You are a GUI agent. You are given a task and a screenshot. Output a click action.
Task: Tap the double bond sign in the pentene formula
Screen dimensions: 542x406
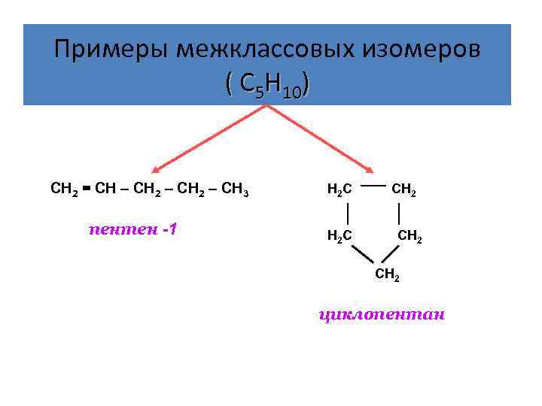(87, 189)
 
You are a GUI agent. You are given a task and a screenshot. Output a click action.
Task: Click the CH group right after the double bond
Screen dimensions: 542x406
(105, 189)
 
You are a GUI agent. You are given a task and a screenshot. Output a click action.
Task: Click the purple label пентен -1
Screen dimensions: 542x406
(132, 228)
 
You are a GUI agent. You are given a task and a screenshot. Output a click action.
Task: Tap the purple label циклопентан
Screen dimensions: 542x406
(383, 314)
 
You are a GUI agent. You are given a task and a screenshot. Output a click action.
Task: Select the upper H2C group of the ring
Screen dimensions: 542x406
(339, 190)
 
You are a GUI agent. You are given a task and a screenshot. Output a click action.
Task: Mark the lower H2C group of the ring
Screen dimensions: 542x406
(339, 236)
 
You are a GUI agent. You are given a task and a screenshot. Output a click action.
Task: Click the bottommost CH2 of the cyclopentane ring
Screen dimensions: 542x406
(387, 276)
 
